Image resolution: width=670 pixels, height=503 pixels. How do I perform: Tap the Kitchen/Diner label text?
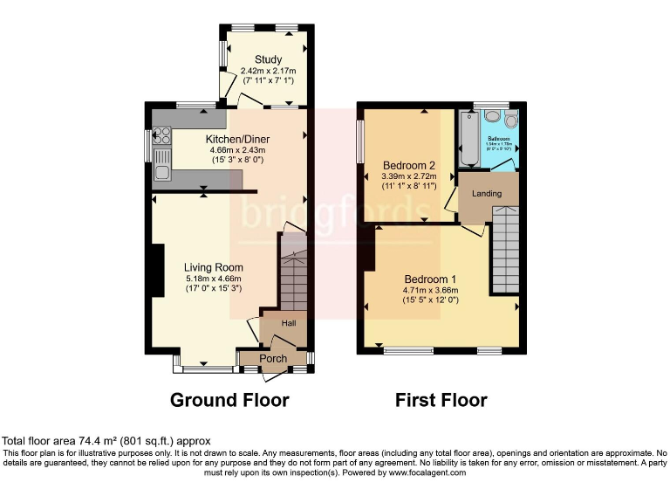[x=237, y=139]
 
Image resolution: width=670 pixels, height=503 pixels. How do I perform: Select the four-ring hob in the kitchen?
[x=161, y=135]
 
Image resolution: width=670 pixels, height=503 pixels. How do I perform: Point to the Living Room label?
[x=213, y=267]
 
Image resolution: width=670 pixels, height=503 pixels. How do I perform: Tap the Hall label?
[x=287, y=323]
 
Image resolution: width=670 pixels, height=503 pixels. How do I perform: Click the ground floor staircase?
[x=292, y=279]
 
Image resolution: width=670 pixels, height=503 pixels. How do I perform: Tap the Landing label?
[x=486, y=193]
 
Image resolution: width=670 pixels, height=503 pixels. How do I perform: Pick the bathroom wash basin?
[x=491, y=116]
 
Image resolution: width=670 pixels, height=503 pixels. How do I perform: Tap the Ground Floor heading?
[x=229, y=400]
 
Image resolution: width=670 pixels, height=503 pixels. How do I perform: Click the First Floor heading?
[x=441, y=400]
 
